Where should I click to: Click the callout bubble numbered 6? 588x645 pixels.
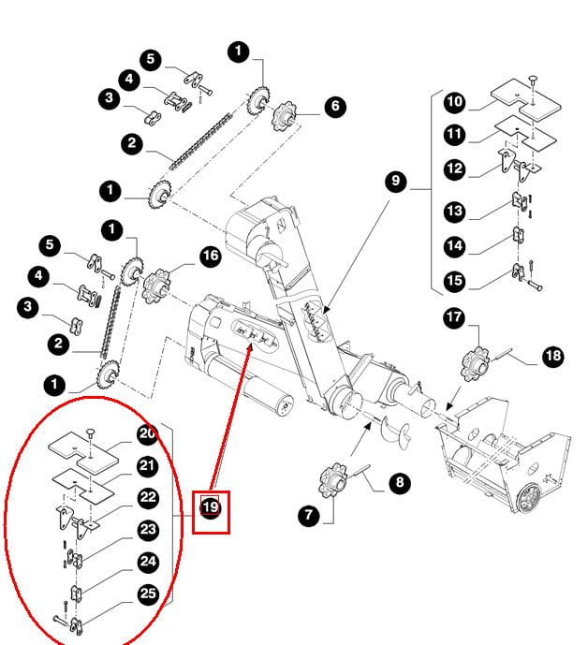(x=335, y=107)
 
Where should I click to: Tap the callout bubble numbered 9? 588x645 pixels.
(x=395, y=182)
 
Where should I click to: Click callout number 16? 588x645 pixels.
(x=210, y=256)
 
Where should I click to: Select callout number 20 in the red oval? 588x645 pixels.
(x=148, y=433)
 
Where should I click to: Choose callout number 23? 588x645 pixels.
(x=148, y=530)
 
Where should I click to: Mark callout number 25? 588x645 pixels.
(x=148, y=594)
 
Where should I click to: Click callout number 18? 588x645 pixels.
(x=553, y=355)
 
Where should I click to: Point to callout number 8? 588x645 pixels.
(x=400, y=484)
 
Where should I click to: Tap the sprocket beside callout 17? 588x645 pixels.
(x=477, y=363)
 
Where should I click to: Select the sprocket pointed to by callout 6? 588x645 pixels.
(x=283, y=119)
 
